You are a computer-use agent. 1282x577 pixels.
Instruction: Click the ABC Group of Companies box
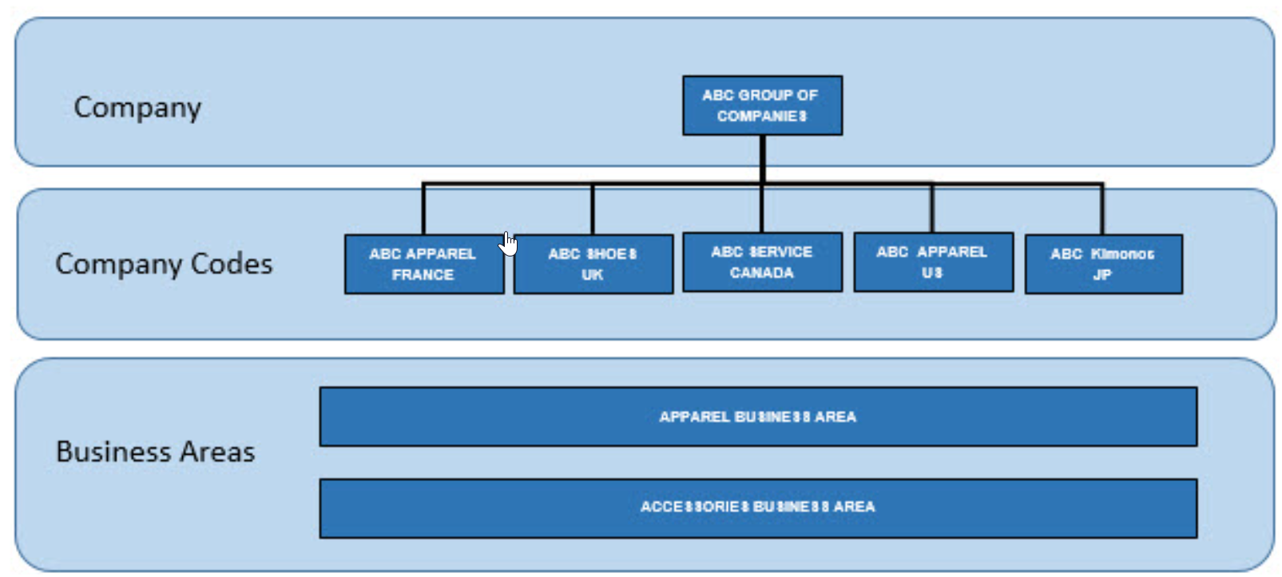tap(762, 105)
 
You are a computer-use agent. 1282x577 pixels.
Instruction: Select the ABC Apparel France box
tap(423, 264)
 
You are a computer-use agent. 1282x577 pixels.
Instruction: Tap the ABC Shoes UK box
tap(593, 264)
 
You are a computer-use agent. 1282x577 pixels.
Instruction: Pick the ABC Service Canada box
tap(762, 262)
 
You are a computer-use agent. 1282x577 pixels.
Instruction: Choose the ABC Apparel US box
tap(933, 262)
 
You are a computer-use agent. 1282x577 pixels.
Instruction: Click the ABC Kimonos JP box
tap(1103, 264)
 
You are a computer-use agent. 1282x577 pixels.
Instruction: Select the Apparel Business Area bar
tap(757, 416)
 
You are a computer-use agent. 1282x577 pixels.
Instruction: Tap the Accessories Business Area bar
tap(757, 507)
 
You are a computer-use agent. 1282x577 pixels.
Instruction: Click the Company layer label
tap(137, 108)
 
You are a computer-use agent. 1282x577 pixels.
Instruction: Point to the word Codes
tap(231, 264)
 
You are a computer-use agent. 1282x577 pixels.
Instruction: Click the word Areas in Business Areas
tap(217, 452)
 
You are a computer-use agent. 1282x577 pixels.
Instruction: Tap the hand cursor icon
tap(509, 244)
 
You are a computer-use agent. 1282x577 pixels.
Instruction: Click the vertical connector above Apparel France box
tap(423, 209)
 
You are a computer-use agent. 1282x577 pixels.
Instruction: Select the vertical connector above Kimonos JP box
tap(1102, 209)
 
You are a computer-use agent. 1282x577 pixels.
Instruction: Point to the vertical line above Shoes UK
tap(593, 209)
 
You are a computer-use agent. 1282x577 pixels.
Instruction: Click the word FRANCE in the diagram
tap(423, 275)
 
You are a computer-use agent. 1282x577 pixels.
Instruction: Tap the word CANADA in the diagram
tap(761, 273)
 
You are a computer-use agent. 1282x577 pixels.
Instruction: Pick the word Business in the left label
tap(113, 452)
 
